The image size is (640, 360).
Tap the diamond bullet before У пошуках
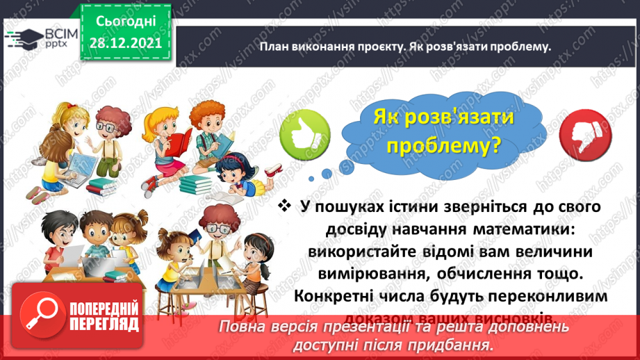point(284,207)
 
